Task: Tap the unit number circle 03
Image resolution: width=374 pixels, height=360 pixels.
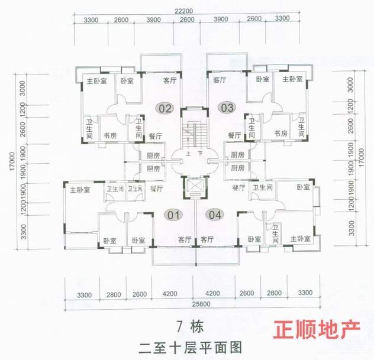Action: [227, 108]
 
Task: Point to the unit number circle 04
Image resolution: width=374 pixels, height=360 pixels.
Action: [214, 215]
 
